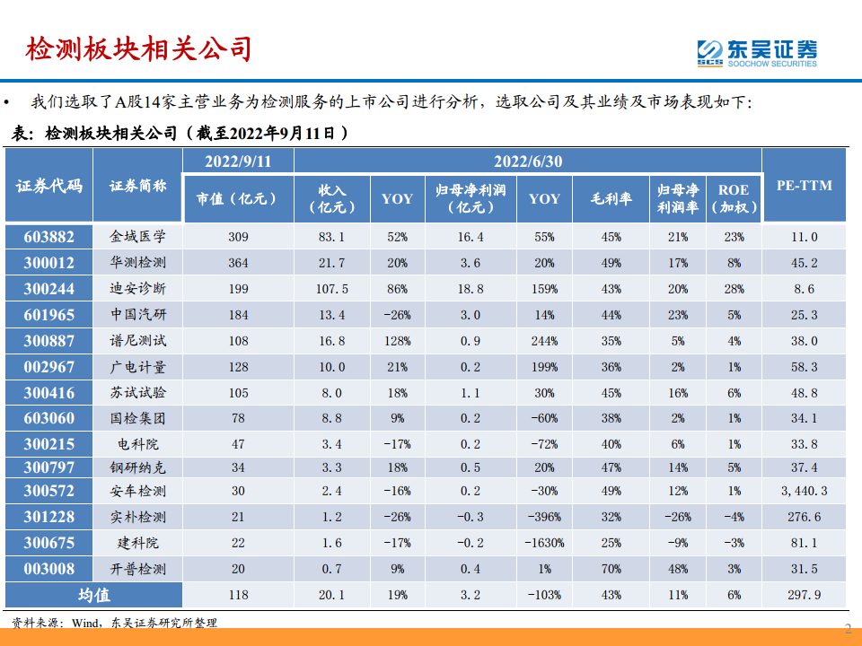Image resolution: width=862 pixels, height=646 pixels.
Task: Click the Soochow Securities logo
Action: coord(757,51)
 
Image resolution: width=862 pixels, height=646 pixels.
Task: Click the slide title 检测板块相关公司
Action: coord(138,48)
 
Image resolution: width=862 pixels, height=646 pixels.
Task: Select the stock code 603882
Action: coord(48,237)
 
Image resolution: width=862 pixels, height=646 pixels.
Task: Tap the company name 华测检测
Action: coord(138,263)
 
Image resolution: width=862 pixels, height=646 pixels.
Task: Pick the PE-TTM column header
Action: coord(804,186)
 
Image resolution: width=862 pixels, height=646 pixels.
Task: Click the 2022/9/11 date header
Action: coord(237,161)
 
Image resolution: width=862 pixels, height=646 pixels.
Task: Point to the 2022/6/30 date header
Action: coord(527,161)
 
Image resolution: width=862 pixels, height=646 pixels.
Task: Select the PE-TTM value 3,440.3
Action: coord(804,491)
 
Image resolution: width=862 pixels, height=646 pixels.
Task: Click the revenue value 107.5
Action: coord(332,289)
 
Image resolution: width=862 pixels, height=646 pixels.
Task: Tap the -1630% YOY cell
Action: coord(544,543)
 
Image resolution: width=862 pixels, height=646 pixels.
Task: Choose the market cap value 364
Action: coord(237,263)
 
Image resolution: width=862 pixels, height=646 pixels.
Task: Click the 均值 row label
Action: coord(92,594)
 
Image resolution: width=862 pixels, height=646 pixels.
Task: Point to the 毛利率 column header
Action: coord(610,198)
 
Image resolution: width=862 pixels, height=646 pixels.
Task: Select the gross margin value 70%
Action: coord(611,569)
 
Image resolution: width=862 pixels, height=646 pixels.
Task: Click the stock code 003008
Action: coord(48,569)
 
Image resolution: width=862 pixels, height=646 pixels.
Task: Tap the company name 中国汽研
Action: coord(138,315)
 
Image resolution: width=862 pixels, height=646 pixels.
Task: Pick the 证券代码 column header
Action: coord(48,186)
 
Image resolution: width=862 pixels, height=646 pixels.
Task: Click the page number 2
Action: coord(848,629)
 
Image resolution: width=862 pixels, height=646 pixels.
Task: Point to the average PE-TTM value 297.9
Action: coord(804,594)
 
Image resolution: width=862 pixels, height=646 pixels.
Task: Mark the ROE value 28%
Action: coord(733,289)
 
